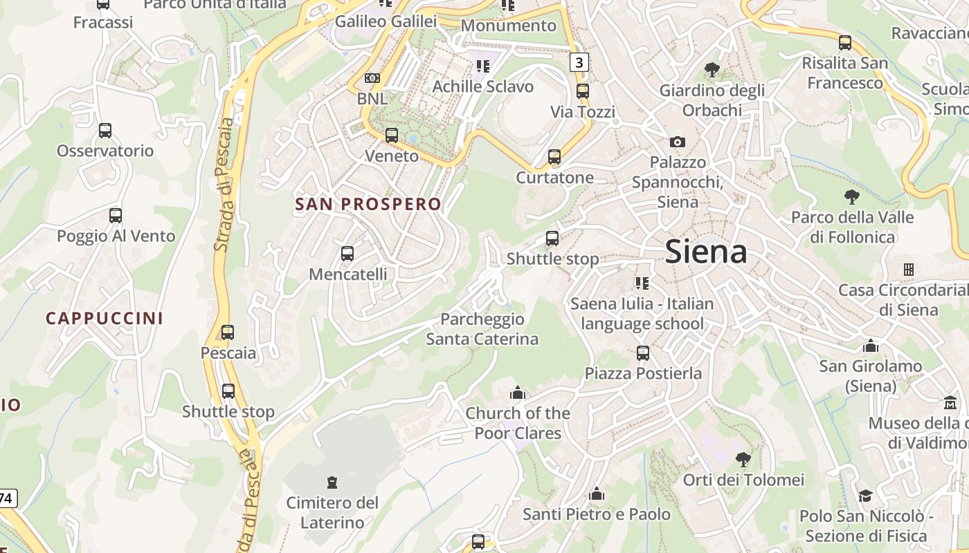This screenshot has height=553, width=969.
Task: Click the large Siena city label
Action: (706, 252)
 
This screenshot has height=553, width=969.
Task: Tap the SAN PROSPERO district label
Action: (368, 204)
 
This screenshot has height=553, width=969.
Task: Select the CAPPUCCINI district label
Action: (105, 318)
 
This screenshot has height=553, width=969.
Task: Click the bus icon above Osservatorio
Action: (105, 130)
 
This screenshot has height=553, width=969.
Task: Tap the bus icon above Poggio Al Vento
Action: (116, 215)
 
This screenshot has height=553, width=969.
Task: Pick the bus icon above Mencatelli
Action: (347, 254)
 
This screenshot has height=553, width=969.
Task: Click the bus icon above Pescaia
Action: (228, 332)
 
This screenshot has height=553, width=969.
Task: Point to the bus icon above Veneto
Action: (392, 135)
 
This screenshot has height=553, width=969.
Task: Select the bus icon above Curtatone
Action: (554, 157)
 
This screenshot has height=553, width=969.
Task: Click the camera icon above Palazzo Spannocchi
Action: (678, 142)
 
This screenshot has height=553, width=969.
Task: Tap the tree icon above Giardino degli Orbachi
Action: (712, 69)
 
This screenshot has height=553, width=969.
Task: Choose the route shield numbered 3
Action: (579, 63)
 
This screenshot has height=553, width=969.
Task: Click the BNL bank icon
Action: (372, 78)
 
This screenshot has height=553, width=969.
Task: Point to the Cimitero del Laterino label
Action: (332, 512)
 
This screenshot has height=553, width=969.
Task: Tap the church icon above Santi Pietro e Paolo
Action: (597, 494)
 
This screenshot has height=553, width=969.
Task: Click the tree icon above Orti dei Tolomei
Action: (743, 459)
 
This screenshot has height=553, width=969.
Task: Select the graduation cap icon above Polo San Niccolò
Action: (865, 495)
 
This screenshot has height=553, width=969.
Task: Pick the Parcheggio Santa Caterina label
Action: (482, 329)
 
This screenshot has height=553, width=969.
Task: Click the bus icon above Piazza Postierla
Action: (643, 353)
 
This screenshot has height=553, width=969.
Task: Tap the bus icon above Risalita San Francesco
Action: (845, 42)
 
